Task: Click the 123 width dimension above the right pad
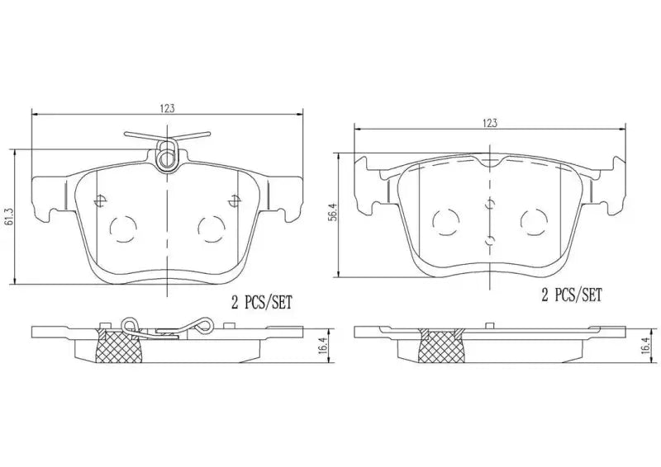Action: pos(490,122)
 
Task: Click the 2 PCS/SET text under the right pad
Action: pos(571,294)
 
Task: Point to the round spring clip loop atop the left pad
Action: pos(168,153)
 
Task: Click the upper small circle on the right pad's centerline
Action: pos(491,201)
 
